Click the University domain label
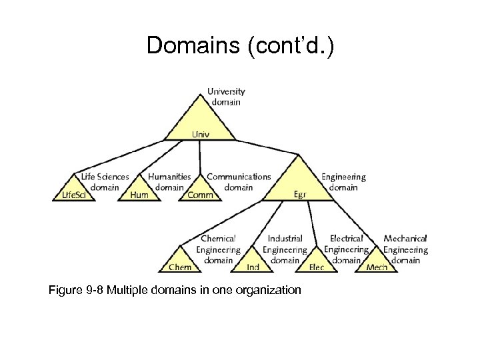tap(226, 97)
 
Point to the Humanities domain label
tap(169, 182)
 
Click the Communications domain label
tap(239, 182)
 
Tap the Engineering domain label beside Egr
tap(343, 182)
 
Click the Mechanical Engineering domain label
tap(405, 249)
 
